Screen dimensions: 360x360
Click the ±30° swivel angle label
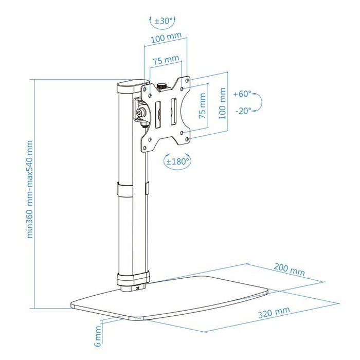pos(164,23)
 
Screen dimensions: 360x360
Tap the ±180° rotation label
pos(178,161)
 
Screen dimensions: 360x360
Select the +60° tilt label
pos(243,94)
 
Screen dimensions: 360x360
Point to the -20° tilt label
pos(243,111)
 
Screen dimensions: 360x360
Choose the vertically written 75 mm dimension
pos(202,105)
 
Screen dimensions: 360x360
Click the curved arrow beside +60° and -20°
pos(258,102)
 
